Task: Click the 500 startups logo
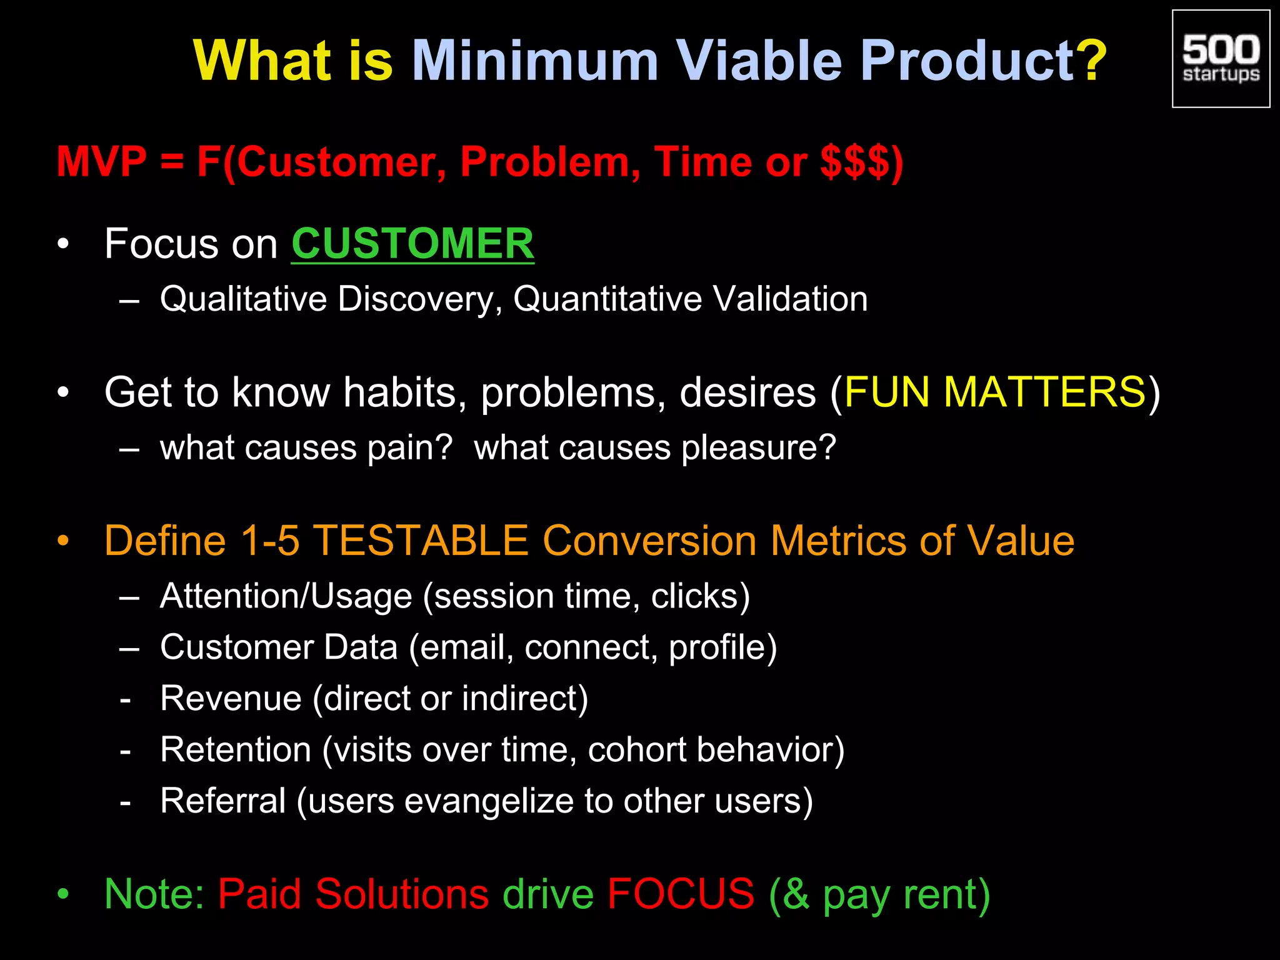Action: click(1221, 59)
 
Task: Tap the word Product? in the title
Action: click(983, 61)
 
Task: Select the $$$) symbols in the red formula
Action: click(861, 162)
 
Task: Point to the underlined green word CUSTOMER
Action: click(412, 244)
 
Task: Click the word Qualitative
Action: click(243, 299)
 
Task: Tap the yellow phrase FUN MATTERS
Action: click(994, 392)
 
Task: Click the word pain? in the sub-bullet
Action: click(409, 448)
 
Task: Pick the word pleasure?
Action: click(758, 448)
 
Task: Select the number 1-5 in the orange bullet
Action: click(270, 540)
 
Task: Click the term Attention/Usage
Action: click(286, 596)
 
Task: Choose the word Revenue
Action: click(231, 698)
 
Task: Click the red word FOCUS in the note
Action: click(681, 894)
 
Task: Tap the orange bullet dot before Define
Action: click(62, 541)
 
